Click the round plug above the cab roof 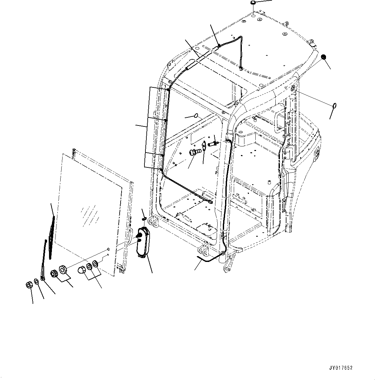pyautogui.click(x=253, y=3)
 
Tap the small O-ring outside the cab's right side pyautogui.click(x=335, y=105)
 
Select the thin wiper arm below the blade pyautogui.click(x=44, y=258)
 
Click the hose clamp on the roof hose pyautogui.click(x=219, y=46)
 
